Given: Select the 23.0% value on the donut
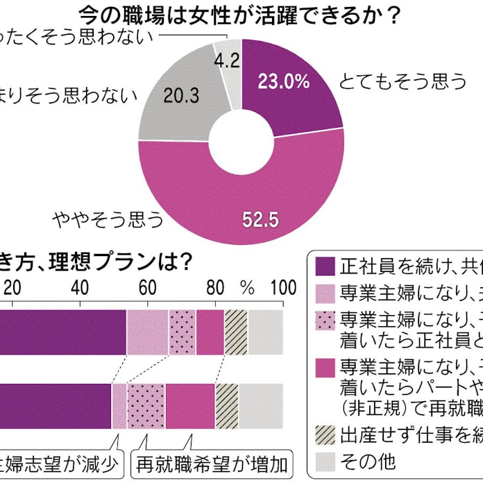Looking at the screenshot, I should (282, 82).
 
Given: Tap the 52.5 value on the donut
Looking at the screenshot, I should (260, 220).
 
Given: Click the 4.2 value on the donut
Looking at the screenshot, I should (227, 60).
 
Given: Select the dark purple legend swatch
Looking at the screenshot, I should (325, 266).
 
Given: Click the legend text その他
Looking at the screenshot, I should (368, 461).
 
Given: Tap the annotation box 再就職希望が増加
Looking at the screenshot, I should (212, 463).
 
